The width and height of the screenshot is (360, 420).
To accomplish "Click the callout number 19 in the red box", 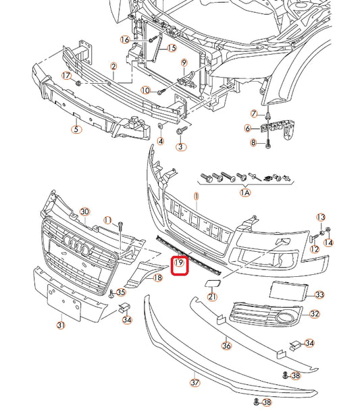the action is tap(179, 263).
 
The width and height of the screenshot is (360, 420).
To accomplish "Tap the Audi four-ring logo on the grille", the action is tap(76, 244).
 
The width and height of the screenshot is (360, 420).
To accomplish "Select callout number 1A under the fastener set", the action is tap(245, 192).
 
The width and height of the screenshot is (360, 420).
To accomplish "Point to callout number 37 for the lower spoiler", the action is tap(195, 382).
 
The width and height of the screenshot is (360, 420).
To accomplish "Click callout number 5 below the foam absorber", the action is tap(76, 130).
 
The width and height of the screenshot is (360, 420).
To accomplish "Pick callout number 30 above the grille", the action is tap(84, 212).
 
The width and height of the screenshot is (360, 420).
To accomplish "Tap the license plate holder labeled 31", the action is tap(63, 302).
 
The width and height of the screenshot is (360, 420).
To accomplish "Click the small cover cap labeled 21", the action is tap(213, 283).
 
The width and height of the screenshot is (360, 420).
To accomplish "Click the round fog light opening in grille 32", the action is tap(285, 317).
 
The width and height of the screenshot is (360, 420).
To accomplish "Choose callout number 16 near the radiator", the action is tap(125, 40).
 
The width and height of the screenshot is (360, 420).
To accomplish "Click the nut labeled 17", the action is tap(78, 83).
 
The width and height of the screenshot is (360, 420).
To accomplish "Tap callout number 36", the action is tap(226, 346).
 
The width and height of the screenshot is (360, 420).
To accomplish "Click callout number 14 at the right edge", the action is tap(328, 242).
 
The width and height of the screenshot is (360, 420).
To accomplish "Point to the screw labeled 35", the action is tap(111, 294).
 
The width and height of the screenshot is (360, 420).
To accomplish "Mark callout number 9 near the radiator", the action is tap(184, 63).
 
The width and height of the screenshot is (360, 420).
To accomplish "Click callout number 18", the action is tap(158, 278).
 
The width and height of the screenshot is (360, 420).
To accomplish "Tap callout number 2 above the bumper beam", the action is tap(113, 66).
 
